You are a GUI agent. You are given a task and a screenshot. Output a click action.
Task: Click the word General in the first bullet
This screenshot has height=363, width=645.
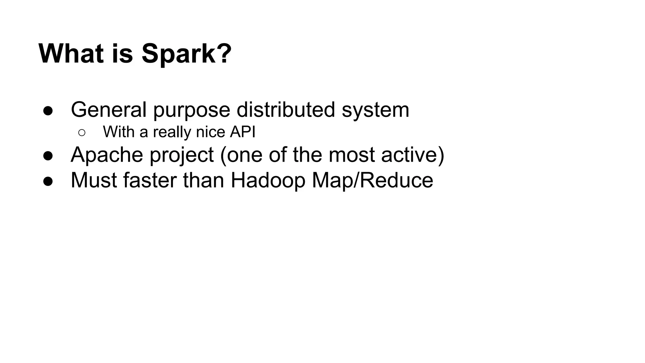click(109, 110)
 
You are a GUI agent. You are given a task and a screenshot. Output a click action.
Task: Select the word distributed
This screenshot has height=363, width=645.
click(286, 110)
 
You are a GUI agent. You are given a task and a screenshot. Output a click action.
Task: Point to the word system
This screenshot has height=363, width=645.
click(375, 110)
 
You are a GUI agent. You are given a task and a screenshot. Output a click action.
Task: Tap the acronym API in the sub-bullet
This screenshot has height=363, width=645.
click(243, 132)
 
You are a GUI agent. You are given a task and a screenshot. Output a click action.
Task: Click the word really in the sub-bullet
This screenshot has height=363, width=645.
click(172, 132)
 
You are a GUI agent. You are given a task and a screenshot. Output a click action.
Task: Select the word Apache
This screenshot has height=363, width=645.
click(107, 155)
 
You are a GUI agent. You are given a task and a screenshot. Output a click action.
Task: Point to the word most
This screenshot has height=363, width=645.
click(351, 155)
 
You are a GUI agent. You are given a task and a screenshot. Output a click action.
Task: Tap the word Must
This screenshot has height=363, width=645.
click(94, 180)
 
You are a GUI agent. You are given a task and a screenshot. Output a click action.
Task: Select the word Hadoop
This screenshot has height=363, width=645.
click(268, 181)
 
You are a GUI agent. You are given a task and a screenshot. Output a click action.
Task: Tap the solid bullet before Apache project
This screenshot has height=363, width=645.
click(48, 156)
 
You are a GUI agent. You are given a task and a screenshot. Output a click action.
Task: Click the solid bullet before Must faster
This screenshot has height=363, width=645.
click(48, 181)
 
